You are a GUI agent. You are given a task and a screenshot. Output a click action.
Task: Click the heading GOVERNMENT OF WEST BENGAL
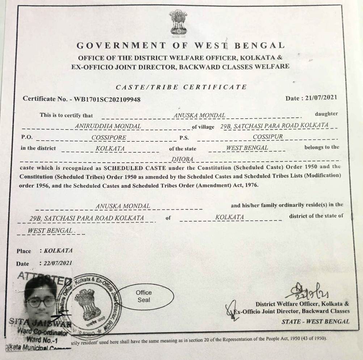(180, 46)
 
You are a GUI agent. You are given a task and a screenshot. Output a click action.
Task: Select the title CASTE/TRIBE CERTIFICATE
(181, 87)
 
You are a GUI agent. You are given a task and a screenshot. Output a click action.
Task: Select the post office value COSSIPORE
(109, 137)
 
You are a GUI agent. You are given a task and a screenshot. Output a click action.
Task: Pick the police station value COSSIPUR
(268, 137)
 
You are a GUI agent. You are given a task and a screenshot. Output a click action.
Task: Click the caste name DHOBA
(183, 159)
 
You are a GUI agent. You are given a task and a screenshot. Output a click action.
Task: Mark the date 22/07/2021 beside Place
(58, 263)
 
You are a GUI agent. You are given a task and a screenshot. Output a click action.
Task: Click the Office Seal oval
(144, 296)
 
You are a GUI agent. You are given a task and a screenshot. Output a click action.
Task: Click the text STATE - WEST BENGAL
(315, 321)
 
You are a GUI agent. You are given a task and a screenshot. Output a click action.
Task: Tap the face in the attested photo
(40, 301)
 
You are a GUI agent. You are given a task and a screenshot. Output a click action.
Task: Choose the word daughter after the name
(326, 114)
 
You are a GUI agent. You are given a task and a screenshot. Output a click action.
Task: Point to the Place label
(24, 251)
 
